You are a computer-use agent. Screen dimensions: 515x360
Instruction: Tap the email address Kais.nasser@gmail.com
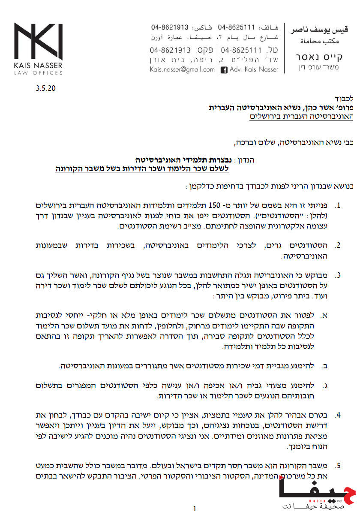pos(182,69)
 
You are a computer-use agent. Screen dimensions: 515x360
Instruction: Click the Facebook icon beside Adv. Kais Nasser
pos(224,69)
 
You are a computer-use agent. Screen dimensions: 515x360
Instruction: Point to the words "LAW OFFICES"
pos(38,73)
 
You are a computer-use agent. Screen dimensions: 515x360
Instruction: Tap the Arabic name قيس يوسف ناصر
pos(319,30)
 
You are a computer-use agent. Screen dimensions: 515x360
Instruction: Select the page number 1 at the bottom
pos(195,509)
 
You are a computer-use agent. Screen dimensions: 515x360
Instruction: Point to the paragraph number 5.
pos(338,465)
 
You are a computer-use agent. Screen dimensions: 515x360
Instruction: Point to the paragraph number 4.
pos(338,415)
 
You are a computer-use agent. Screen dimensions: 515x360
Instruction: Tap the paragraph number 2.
pos(338,246)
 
